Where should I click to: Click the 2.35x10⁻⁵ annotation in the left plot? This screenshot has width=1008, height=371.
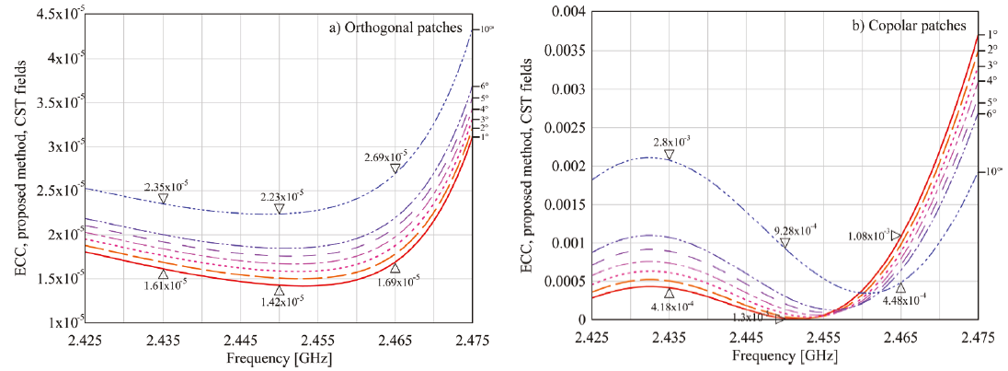[x=166, y=185]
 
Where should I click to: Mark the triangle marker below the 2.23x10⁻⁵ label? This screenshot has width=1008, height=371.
[x=280, y=209]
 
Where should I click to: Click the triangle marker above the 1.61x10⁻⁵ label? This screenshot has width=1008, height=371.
[x=164, y=273]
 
